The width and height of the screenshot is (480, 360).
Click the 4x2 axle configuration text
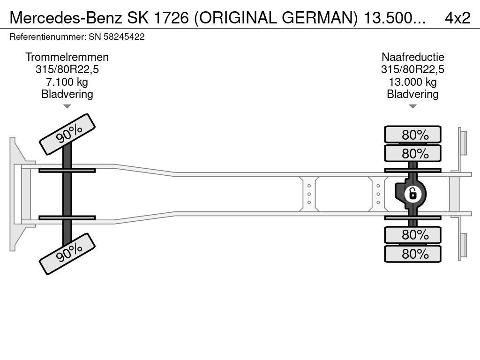pyautogui.click(x=457, y=18)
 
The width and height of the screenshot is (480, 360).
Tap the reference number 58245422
pyautogui.click(x=124, y=37)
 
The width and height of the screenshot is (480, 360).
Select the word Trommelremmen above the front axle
pyautogui.click(x=67, y=57)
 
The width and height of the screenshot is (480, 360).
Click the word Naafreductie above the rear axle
pyautogui.click(x=412, y=57)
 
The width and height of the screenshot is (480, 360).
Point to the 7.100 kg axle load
pyautogui.click(x=67, y=82)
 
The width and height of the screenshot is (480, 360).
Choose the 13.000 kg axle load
pyautogui.click(x=412, y=82)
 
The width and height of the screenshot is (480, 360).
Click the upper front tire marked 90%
pyautogui.click(x=67, y=134)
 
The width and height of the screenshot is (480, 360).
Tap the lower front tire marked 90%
pyautogui.click(x=67, y=254)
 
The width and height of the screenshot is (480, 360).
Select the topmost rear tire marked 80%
pyautogui.click(x=412, y=134)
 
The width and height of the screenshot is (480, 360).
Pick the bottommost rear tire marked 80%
pyautogui.click(x=412, y=254)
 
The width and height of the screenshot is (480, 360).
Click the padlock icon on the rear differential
pyautogui.click(x=412, y=194)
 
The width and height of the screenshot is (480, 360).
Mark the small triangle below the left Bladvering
pyautogui.click(x=67, y=106)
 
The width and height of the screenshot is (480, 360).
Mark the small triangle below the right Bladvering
pyautogui.click(x=412, y=106)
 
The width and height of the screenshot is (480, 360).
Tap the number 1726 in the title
pyautogui.click(x=171, y=18)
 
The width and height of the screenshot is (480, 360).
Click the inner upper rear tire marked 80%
pyautogui.click(x=412, y=153)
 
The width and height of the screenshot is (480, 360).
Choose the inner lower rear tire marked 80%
pyautogui.click(x=412, y=235)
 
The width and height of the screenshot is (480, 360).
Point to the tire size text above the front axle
pyautogui.click(x=67, y=69)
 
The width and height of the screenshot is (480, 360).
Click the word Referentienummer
pyautogui.click(x=48, y=37)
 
